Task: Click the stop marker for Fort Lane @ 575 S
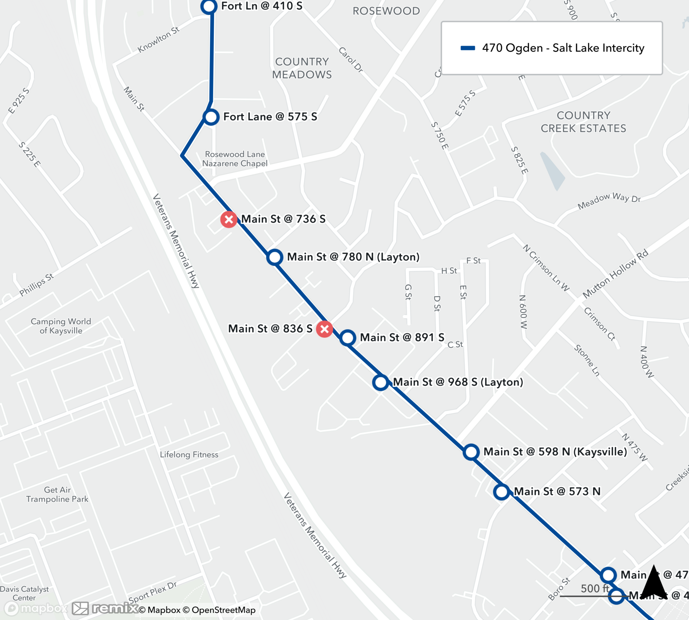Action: [x=211, y=117]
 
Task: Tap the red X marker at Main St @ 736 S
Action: [x=229, y=219]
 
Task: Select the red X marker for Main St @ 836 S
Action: [x=324, y=329]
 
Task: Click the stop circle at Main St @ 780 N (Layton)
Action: [x=275, y=257]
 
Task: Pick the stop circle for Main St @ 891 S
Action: [x=348, y=338]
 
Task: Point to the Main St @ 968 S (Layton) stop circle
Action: [x=381, y=382]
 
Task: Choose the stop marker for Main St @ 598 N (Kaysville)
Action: [x=471, y=452]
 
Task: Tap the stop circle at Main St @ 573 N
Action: [x=501, y=492]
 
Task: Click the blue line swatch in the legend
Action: [x=468, y=48]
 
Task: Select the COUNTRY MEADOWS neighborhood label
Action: [x=302, y=68]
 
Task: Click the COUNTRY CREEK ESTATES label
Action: [x=583, y=122]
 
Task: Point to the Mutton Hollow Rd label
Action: [x=615, y=273]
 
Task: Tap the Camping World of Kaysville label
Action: [x=61, y=326]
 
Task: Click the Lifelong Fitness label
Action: [x=189, y=455]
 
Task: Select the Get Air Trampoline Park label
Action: [x=57, y=494]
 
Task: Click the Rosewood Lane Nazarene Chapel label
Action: [x=235, y=159]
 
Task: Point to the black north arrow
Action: [x=653, y=582]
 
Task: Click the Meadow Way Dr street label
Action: [x=609, y=201]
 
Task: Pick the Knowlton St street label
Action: [x=158, y=40]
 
